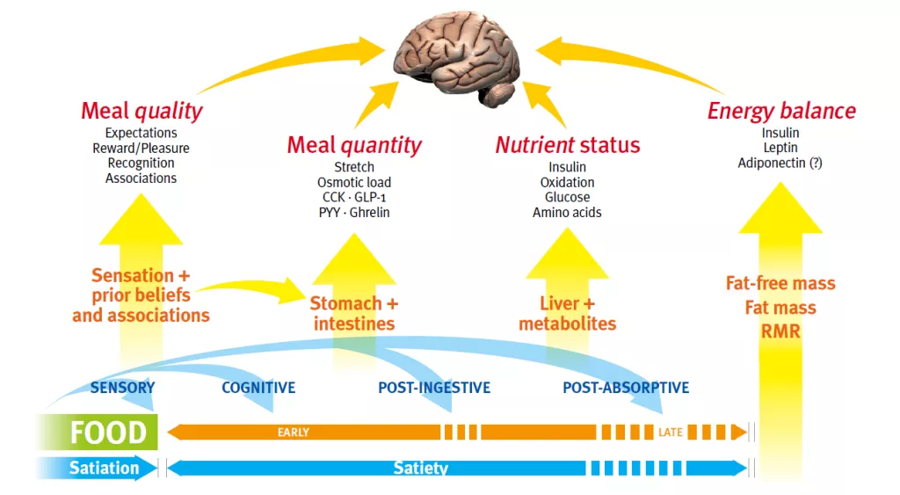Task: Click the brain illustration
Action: point(457,58)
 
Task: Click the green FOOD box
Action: point(98,432)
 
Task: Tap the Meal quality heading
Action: point(142,111)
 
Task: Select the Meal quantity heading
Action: point(354,145)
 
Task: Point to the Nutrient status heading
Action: point(568,145)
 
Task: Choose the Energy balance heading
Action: point(781,111)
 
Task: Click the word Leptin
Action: point(780,148)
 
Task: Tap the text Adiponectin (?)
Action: point(780,163)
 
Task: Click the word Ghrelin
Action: point(370,213)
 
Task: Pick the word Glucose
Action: point(567,197)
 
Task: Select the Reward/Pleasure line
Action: point(141,149)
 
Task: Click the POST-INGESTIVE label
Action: point(434,388)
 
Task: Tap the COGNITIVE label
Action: point(258,388)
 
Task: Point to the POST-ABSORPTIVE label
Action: point(626,388)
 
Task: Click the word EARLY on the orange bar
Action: point(294,433)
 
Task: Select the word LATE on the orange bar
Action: point(670,433)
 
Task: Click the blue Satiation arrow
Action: point(97,468)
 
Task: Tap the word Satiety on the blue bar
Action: point(421,469)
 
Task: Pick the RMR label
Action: point(780,331)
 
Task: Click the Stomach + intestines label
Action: point(354,314)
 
